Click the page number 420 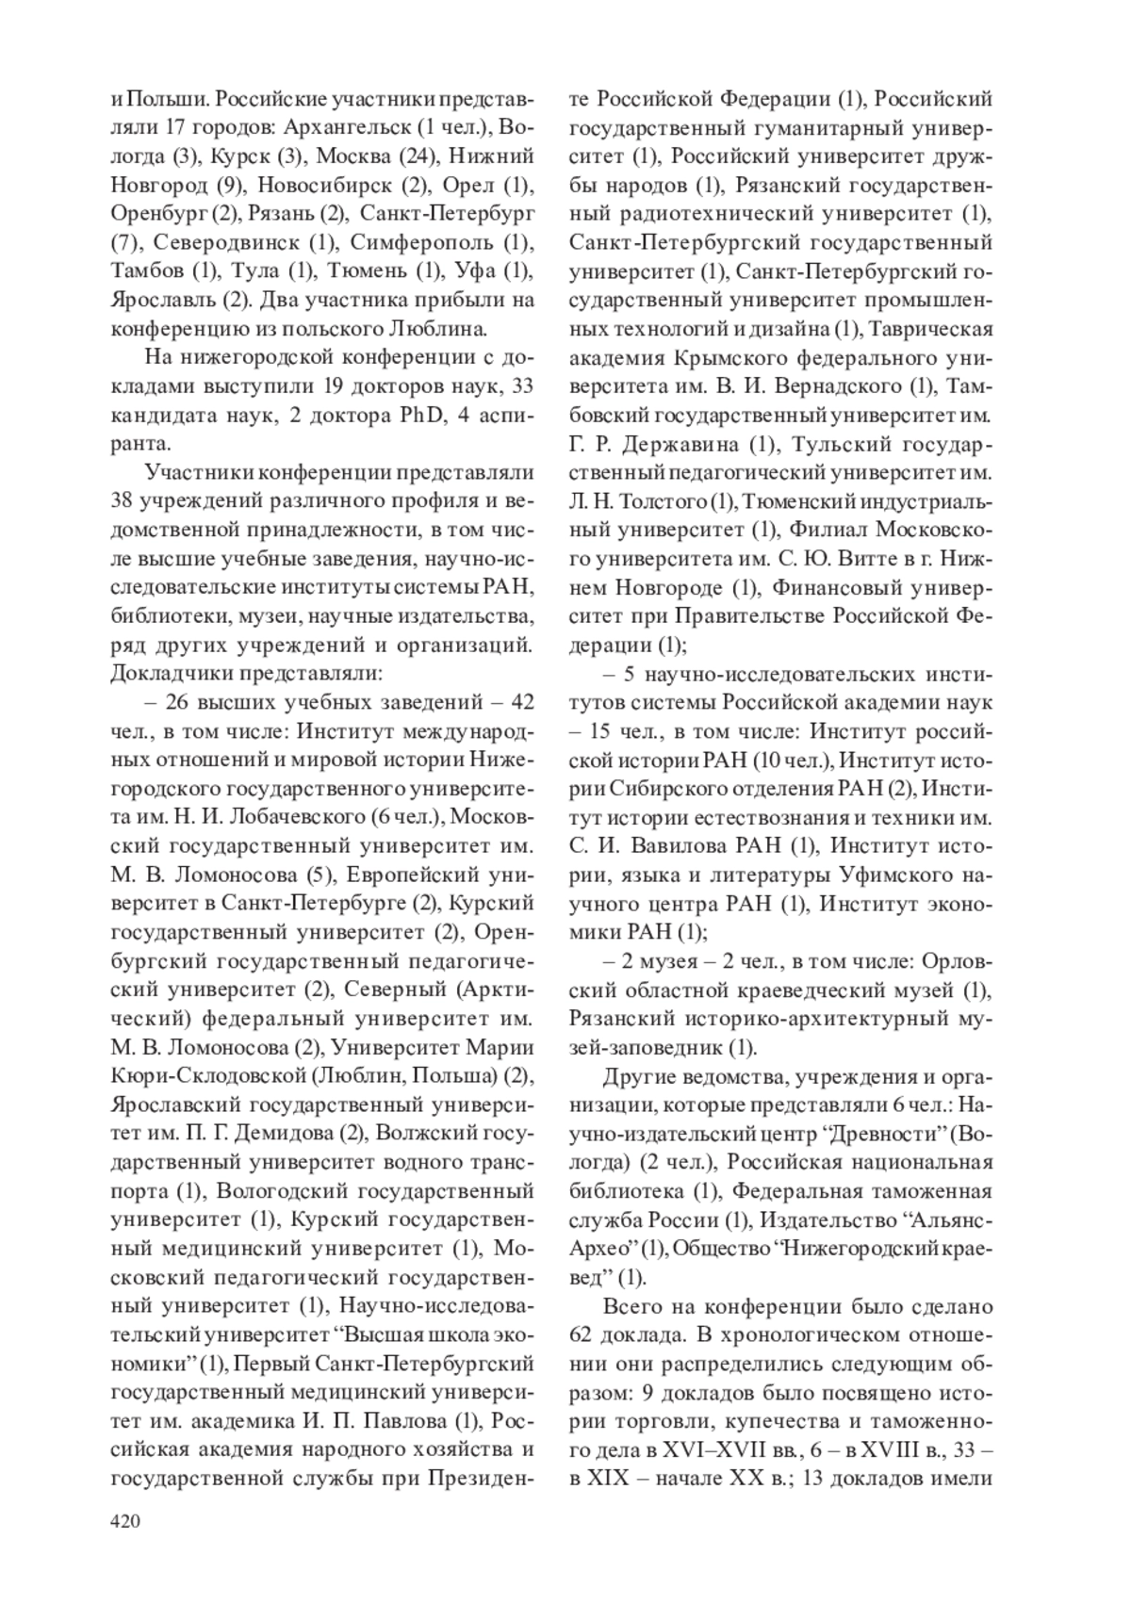coord(125,1520)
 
